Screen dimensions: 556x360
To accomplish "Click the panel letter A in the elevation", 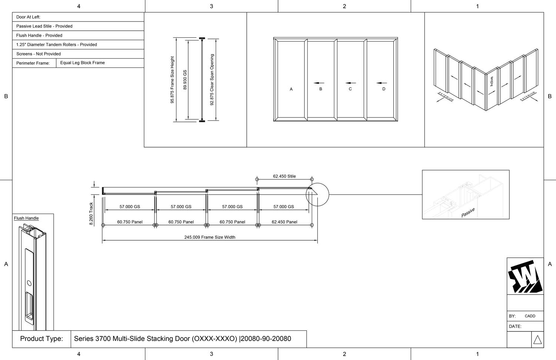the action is pyautogui.click(x=291, y=89).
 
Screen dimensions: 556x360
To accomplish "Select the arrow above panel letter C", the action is pyautogui.click(x=351, y=83).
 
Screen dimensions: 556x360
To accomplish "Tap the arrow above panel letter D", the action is pyautogui.click(x=381, y=83).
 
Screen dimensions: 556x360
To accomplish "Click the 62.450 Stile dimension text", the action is pyautogui.click(x=284, y=176).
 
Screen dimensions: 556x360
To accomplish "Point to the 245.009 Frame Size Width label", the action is pyautogui.click(x=210, y=237).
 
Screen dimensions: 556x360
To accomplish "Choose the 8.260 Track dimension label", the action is pyautogui.click(x=91, y=214).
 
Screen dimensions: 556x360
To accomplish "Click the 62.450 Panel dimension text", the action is pyautogui.click(x=284, y=222).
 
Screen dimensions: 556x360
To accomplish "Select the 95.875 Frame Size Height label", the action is pyautogui.click(x=172, y=80).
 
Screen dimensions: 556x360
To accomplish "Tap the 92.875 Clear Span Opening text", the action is pyautogui.click(x=212, y=80).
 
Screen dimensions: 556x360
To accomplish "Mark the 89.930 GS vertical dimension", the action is pyautogui.click(x=185, y=80).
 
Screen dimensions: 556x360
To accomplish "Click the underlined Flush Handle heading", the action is pyautogui.click(x=26, y=218).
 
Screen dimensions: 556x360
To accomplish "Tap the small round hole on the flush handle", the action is pyautogui.click(x=29, y=283).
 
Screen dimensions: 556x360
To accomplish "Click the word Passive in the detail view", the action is pyautogui.click(x=468, y=212).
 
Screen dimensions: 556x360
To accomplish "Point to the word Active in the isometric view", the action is pyautogui.click(x=492, y=81).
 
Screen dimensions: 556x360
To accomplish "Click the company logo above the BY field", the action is pyautogui.click(x=525, y=277).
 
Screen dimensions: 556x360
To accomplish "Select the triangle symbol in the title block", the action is pyautogui.click(x=537, y=340).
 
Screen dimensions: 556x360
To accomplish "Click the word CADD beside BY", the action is pyautogui.click(x=530, y=316).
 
